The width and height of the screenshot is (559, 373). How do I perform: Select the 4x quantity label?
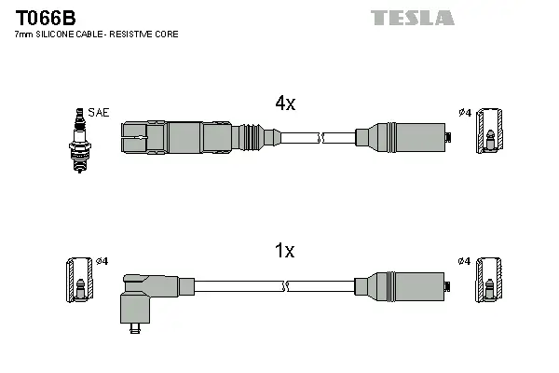click(284, 104)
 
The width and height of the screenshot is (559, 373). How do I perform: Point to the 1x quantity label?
click(284, 250)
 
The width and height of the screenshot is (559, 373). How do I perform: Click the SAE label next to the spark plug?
click(100, 113)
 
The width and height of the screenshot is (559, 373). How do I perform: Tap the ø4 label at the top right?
click(465, 113)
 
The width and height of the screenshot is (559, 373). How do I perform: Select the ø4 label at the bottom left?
click(102, 260)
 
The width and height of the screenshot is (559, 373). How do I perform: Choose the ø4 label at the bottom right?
click(465, 260)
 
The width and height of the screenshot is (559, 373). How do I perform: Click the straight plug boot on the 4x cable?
click(186, 138)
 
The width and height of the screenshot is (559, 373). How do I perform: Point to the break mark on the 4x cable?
click(320, 138)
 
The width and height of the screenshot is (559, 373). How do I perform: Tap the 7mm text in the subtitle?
click(22, 35)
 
